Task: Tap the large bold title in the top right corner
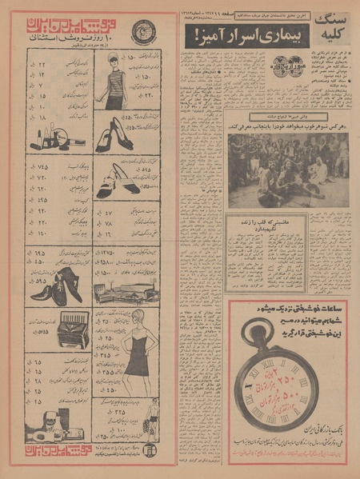329,28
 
